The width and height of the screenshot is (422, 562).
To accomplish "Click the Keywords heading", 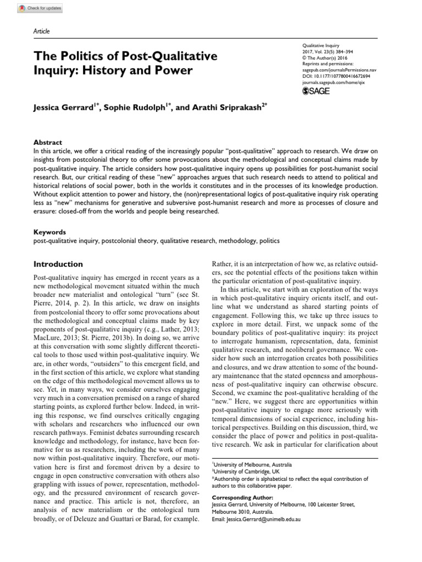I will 50,233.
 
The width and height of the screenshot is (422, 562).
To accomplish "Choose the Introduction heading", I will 58,264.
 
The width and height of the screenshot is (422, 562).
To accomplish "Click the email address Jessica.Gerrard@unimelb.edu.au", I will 259,519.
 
